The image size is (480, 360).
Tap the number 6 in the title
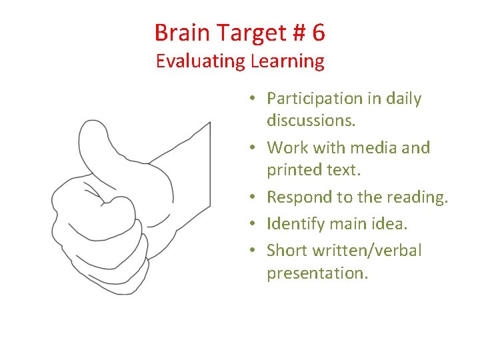coord(317,32)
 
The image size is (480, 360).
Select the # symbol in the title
coord(291,32)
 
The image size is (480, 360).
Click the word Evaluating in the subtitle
coord(201,61)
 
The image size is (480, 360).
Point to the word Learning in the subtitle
coord(287,61)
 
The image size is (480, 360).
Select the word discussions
coord(311,121)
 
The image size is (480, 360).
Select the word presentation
coord(317,273)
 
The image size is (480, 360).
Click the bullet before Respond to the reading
coord(256,197)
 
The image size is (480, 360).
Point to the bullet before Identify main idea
coord(256,224)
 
